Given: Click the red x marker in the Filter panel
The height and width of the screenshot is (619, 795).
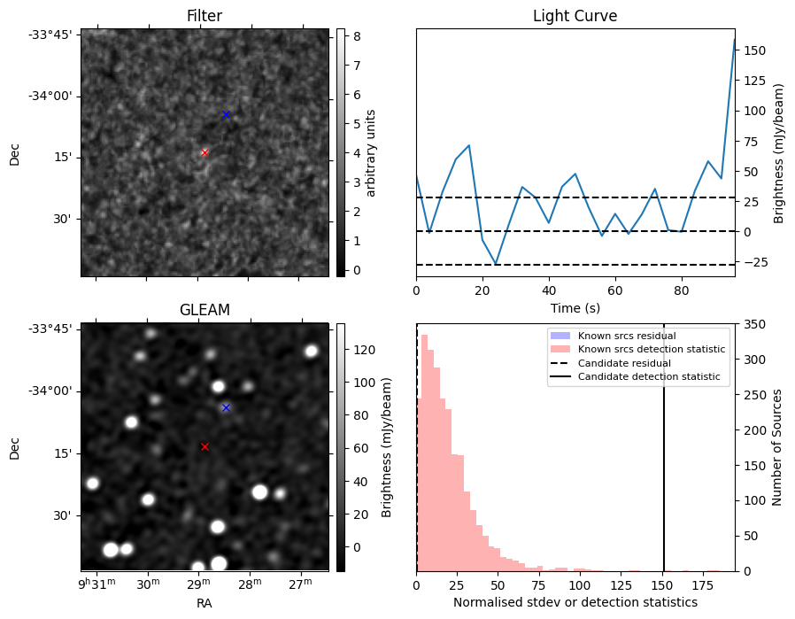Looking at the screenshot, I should point(205,152).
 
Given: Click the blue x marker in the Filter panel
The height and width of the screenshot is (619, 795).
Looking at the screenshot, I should point(226,114).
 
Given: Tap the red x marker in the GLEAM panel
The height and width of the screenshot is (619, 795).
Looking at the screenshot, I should point(205,446).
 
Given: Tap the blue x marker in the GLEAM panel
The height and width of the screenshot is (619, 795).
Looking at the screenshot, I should point(226,407).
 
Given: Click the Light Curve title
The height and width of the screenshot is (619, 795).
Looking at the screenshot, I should point(575,16).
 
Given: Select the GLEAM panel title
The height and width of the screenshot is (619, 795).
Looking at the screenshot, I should point(205,310).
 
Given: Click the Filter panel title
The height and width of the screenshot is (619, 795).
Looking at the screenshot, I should point(205,16).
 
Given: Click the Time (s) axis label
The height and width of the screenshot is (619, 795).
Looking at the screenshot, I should point(575,308).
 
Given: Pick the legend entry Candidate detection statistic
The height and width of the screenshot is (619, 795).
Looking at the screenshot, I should point(648,377).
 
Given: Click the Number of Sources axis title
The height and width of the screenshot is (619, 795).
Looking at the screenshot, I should point(778,447).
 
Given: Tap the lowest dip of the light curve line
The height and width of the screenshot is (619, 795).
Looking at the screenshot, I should point(496,264).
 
